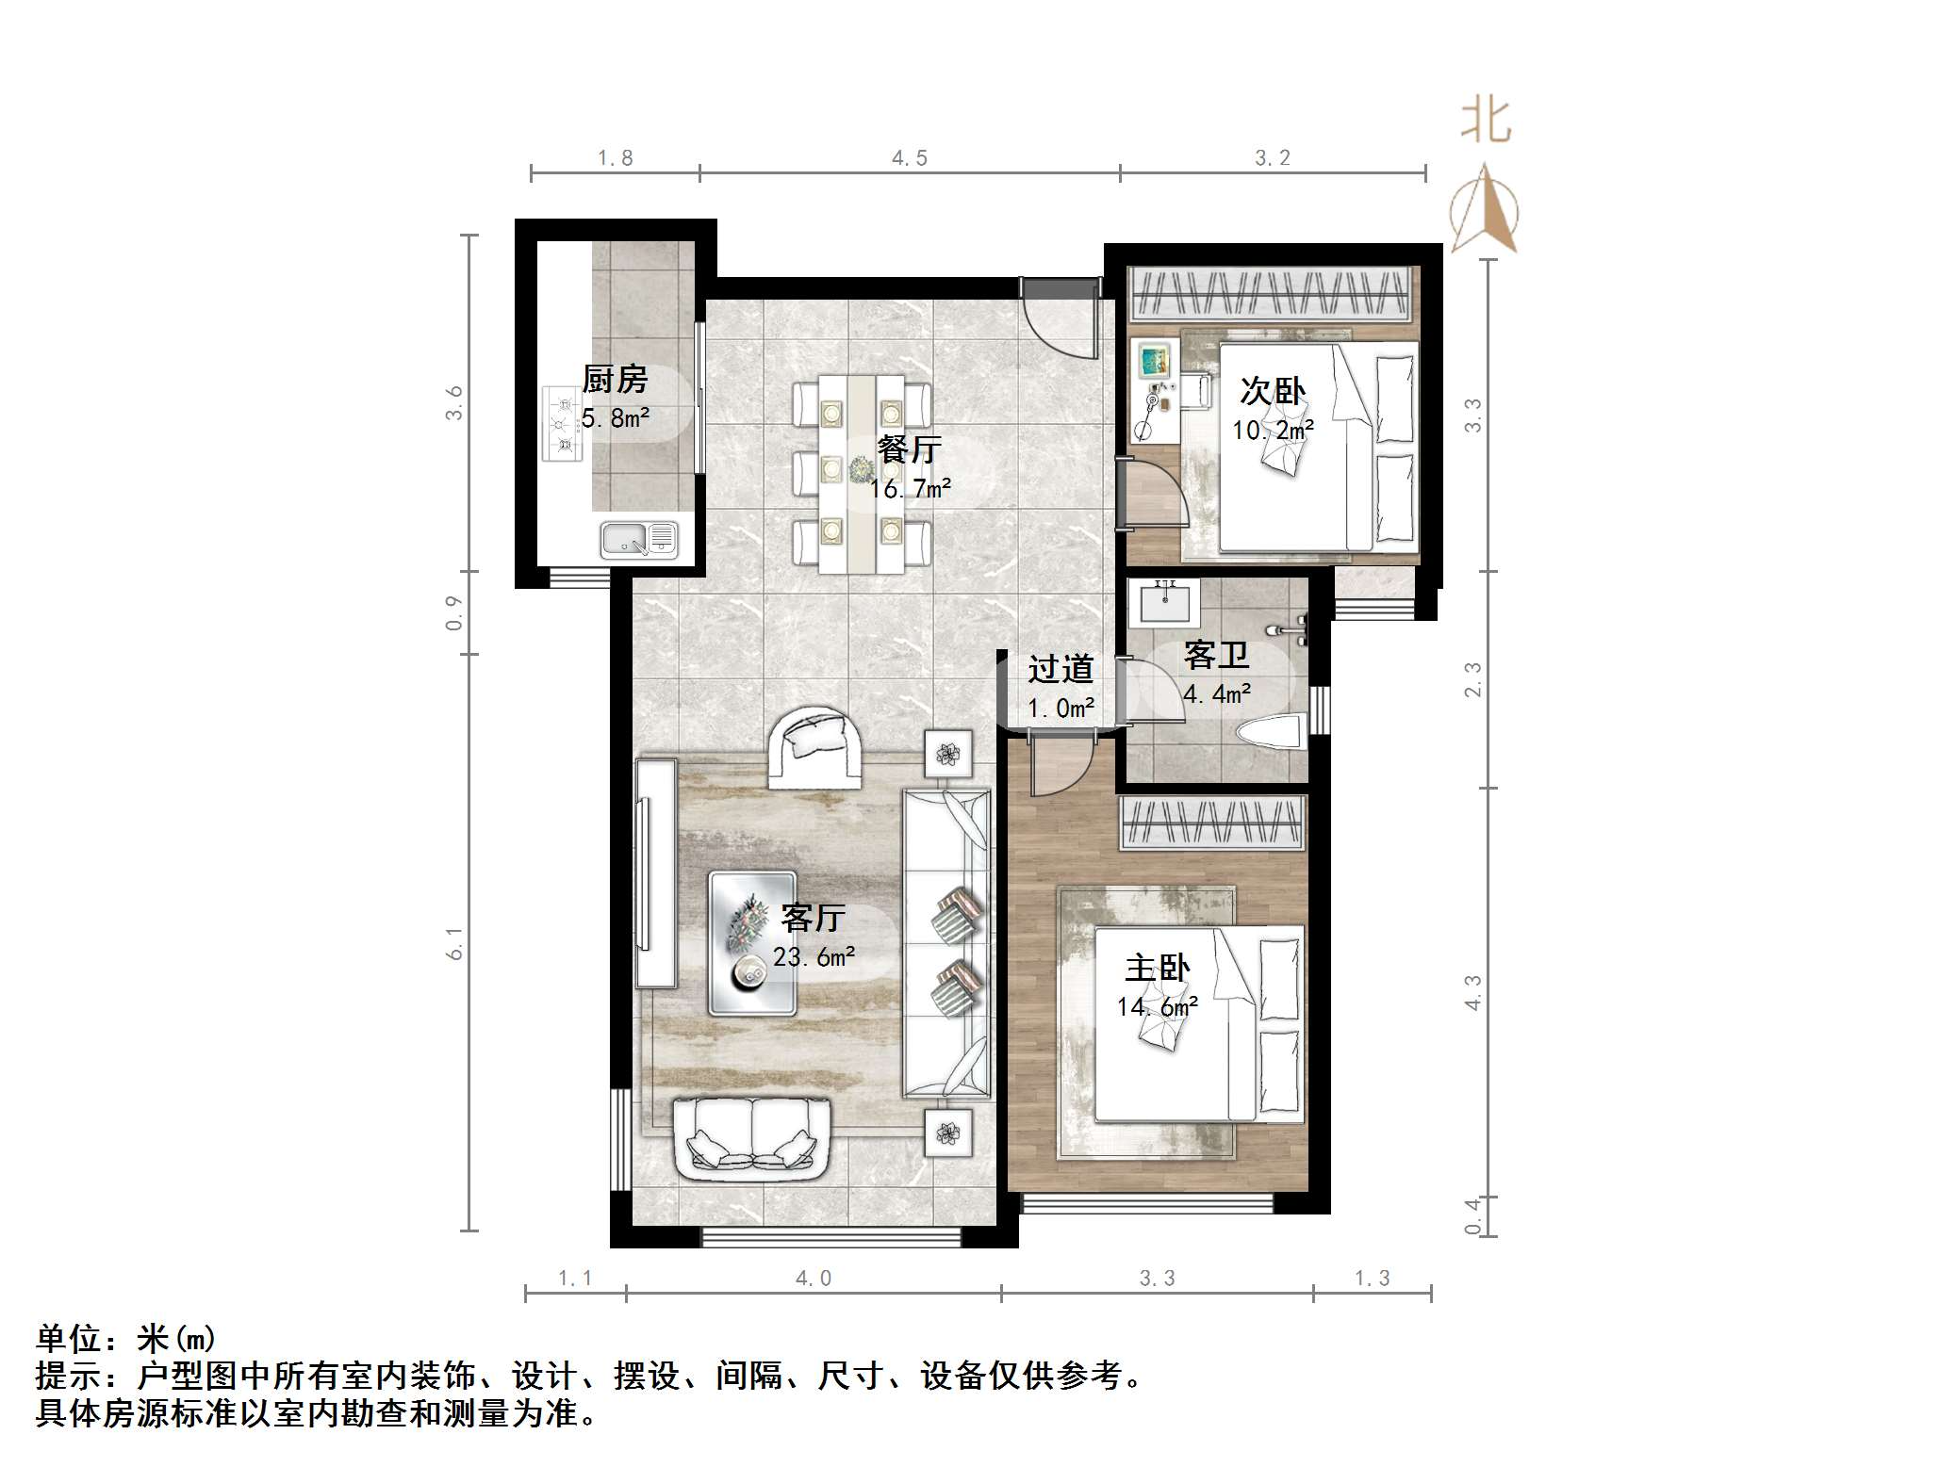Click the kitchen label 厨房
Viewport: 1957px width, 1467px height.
pyautogui.click(x=615, y=380)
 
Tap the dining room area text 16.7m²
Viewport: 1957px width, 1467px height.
pyautogui.click(x=910, y=489)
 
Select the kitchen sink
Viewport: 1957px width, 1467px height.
pyautogui.click(x=638, y=540)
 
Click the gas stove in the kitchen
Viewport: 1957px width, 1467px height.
pyautogui.click(x=562, y=424)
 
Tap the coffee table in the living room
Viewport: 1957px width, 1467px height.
pyautogui.click(x=752, y=942)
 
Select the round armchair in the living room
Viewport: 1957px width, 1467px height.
pyautogui.click(x=814, y=747)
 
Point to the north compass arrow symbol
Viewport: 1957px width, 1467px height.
pyautogui.click(x=1485, y=209)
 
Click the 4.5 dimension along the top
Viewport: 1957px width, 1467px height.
pyautogui.click(x=910, y=158)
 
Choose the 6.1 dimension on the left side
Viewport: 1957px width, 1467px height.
pyautogui.click(x=455, y=942)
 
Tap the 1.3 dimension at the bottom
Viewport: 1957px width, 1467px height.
pyautogui.click(x=1372, y=1279)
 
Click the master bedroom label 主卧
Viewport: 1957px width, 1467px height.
pyautogui.click(x=1157, y=969)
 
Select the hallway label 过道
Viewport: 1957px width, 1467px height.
pyautogui.click(x=1061, y=669)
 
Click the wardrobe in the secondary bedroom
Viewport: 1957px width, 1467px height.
pyautogui.click(x=1273, y=292)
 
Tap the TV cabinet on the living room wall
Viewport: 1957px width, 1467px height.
pyautogui.click(x=656, y=872)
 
